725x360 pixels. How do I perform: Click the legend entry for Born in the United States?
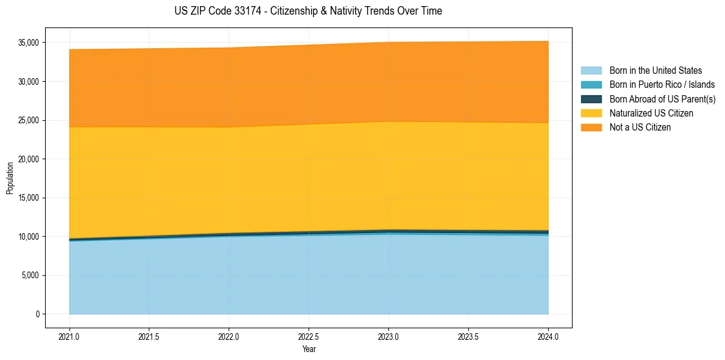[x=655, y=71]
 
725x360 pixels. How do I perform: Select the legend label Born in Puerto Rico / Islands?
[x=662, y=85]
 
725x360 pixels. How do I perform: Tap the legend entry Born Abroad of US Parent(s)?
[x=662, y=99]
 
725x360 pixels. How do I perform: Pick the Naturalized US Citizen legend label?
[x=651, y=113]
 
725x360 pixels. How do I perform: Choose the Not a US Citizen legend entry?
[x=640, y=128]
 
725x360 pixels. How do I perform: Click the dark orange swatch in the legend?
[x=591, y=128]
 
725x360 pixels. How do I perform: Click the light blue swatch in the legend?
[x=591, y=71]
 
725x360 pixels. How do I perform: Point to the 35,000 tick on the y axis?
[x=28, y=43]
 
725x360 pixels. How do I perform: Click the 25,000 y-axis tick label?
[x=28, y=120]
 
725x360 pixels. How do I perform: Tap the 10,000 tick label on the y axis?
[x=28, y=237]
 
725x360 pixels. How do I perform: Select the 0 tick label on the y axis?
[x=37, y=314]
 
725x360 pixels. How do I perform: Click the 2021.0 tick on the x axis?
[x=69, y=336]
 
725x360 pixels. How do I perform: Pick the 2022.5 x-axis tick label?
[x=309, y=336]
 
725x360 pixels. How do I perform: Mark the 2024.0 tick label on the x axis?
[x=548, y=336]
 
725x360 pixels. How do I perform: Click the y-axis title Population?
[x=10, y=178]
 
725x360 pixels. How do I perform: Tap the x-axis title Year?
[x=309, y=349]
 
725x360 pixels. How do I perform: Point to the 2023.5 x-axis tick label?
[x=468, y=336]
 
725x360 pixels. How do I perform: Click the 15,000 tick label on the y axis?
[x=28, y=198]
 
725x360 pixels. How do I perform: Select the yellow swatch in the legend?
[x=591, y=113]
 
